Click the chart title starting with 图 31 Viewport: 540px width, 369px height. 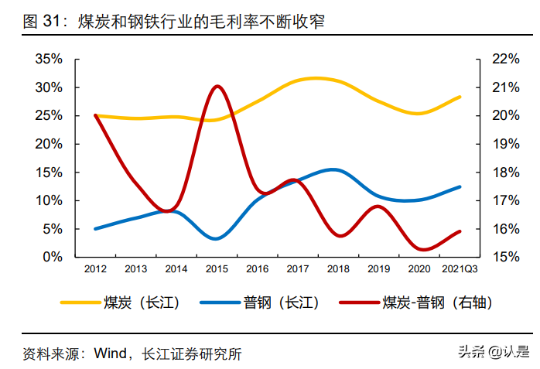[x=174, y=22]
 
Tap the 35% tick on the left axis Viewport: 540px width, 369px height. [x=49, y=59]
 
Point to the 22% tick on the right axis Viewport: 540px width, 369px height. [x=505, y=59]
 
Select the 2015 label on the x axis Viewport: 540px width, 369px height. [x=217, y=269]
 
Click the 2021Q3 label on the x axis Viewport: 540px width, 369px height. [x=460, y=269]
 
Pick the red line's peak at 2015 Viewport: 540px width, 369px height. [x=217, y=86]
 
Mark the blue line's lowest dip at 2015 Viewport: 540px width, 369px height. [x=216, y=238]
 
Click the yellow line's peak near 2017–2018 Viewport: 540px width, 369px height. [x=315, y=78]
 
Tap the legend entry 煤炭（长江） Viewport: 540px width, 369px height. [x=120, y=303]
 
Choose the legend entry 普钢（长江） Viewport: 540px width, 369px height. [x=259, y=303]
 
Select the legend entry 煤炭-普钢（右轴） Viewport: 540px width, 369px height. [x=415, y=303]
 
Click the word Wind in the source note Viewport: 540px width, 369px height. [x=111, y=354]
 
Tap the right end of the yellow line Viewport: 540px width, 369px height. [x=460, y=97]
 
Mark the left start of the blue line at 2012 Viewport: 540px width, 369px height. [x=95, y=228]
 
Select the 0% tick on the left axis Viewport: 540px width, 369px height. [x=53, y=257]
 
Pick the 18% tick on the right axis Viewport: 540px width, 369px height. [x=505, y=172]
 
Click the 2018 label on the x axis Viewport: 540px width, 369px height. [x=338, y=269]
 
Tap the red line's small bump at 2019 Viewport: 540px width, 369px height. [x=378, y=207]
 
